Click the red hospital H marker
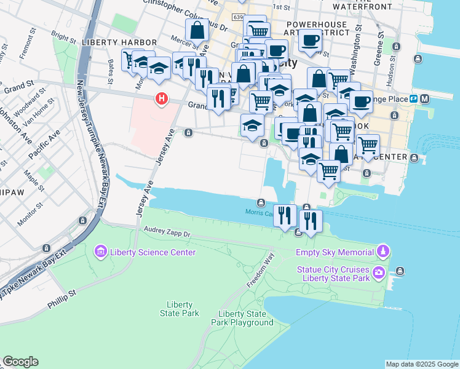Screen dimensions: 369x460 point(161,98)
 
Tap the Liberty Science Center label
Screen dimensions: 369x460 point(152,252)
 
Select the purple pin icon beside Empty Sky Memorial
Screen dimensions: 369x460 point(383,251)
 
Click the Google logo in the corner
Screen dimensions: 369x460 point(20,362)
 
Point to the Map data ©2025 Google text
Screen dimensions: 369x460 point(421,364)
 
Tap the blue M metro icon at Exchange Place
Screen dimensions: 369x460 point(425,98)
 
